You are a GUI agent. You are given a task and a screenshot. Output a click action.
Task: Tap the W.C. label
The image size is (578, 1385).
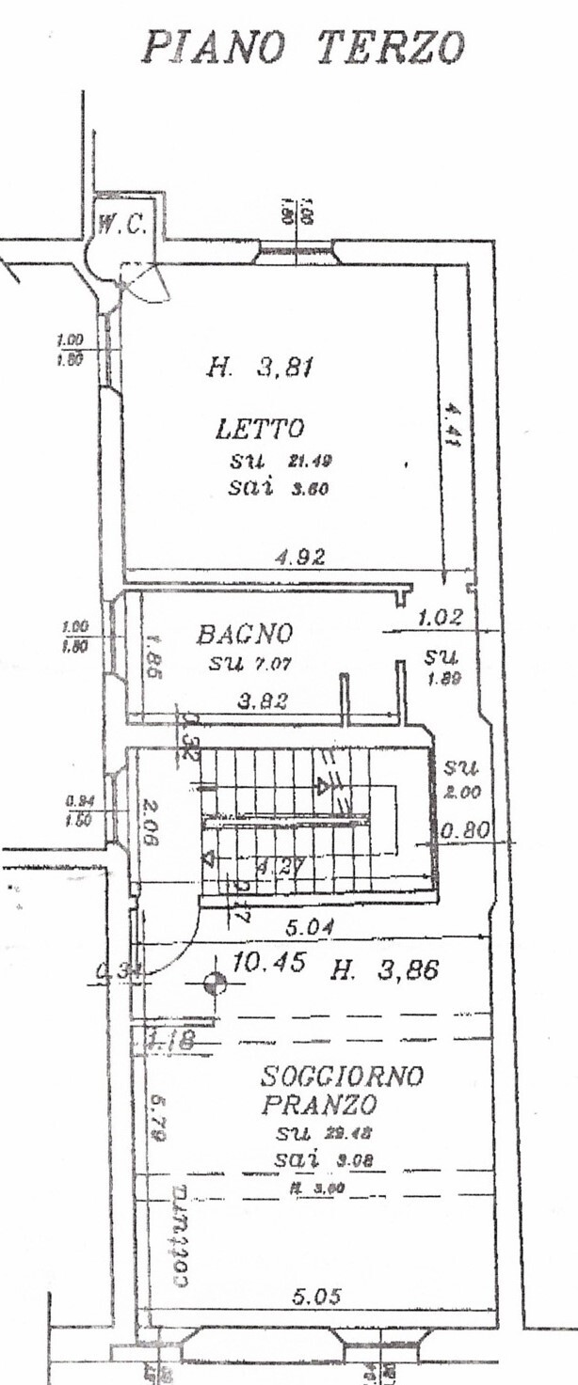(121, 224)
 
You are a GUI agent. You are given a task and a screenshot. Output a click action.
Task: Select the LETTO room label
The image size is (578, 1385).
(260, 430)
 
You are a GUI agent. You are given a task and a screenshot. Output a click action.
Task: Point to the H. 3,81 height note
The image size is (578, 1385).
(259, 368)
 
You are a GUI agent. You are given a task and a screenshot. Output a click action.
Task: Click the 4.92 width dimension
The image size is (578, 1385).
(300, 557)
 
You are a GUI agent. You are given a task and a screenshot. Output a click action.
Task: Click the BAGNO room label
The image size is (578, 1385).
(245, 634)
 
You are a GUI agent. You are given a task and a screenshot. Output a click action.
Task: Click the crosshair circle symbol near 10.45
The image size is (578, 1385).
(215, 984)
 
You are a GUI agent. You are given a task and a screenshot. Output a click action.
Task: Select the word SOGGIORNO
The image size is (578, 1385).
(343, 1074)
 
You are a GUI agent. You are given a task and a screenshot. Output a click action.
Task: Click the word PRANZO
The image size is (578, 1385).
(307, 1103)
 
